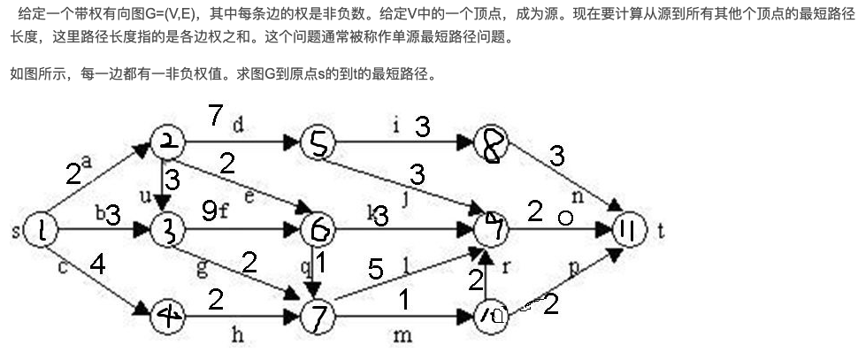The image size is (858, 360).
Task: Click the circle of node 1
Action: pyautogui.click(x=42, y=231)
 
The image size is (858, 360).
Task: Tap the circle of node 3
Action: pyautogui.click(x=166, y=231)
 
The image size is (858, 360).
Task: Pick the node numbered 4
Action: pyautogui.click(x=168, y=315)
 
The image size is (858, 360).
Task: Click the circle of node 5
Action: pyautogui.click(x=318, y=142)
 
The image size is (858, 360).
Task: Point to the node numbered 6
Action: pyautogui.click(x=318, y=231)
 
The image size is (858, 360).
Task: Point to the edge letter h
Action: pyautogui.click(x=236, y=335)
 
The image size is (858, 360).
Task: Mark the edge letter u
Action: pyautogui.click(x=147, y=195)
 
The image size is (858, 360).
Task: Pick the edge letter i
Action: pyautogui.click(x=395, y=125)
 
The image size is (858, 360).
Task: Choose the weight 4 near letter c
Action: pyautogui.click(x=97, y=264)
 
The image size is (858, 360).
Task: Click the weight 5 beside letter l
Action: pyautogui.click(x=375, y=270)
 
